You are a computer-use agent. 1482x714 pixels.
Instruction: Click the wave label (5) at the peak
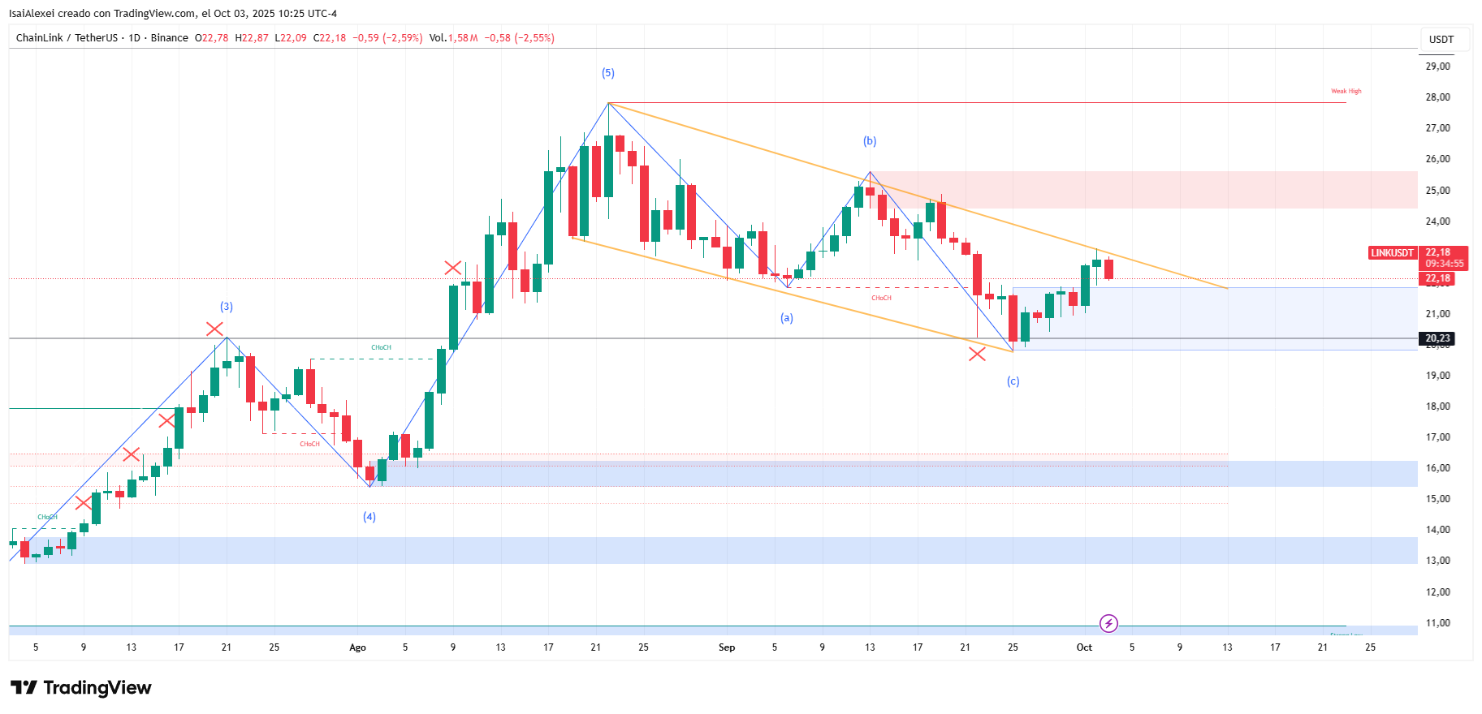tap(607, 73)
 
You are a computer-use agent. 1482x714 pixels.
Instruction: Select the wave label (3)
tap(227, 307)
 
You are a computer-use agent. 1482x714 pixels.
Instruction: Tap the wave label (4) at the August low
tap(369, 517)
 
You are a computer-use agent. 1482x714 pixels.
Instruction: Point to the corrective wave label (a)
tap(786, 318)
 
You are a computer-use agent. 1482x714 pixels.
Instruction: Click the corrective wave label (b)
tap(870, 141)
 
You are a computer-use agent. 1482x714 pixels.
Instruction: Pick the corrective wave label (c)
tap(1013, 381)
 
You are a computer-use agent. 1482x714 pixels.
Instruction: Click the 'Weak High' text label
tap(1346, 92)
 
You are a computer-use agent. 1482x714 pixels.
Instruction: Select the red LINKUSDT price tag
tap(1393, 253)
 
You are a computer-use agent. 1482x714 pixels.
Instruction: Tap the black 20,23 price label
tap(1437, 338)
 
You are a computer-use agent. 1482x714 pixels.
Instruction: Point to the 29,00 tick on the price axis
tap(1437, 67)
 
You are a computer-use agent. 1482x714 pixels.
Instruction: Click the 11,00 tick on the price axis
tap(1437, 623)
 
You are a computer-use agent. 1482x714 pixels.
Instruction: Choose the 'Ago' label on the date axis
tap(357, 647)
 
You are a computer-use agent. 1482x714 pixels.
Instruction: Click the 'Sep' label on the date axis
tap(727, 647)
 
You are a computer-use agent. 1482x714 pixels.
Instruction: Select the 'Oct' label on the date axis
tap(1084, 647)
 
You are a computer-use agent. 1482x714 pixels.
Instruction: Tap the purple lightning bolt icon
tap(1108, 623)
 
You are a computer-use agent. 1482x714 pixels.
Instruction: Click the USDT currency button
tap(1441, 39)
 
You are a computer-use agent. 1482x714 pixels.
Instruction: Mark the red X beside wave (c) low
tap(977, 354)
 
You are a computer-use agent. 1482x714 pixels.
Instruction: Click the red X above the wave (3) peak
tap(214, 329)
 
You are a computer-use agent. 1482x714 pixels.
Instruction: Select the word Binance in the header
tap(170, 38)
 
